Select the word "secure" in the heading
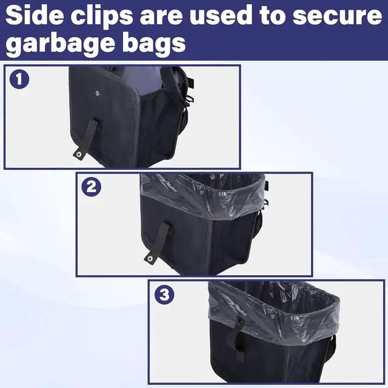337,16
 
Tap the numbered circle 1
19,79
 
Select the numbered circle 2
92,187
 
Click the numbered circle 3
164,295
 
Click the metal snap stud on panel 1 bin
97,93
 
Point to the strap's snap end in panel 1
79,155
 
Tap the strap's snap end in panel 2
150,259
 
